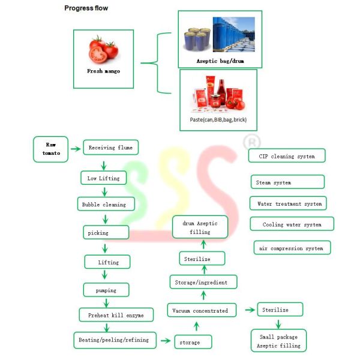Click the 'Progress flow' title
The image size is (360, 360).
[x=86, y=8]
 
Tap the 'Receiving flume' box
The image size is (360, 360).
[x=110, y=148]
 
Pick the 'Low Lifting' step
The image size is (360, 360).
[x=103, y=178]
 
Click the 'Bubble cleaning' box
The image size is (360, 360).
[x=104, y=204]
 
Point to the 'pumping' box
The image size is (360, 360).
[x=106, y=290]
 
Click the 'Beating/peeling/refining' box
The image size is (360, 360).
[x=115, y=340]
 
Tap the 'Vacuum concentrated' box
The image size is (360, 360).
[x=200, y=311]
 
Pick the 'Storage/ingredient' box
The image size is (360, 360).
[x=203, y=281]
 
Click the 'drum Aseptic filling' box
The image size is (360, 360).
[x=200, y=227]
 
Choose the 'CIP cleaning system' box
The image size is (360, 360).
[x=287, y=156]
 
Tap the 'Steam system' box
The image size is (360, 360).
[x=287, y=182]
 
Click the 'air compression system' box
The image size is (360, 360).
[x=291, y=248]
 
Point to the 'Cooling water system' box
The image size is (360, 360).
[x=292, y=224]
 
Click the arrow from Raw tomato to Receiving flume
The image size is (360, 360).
[x=75, y=148]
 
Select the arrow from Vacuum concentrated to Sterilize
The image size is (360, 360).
[x=249, y=310]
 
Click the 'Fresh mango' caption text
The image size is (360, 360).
[x=103, y=71]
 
